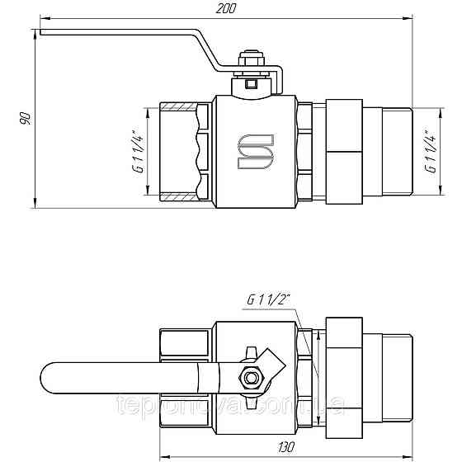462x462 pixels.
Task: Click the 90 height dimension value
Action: pyautogui.click(x=26, y=117)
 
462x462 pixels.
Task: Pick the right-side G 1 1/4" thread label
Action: pyautogui.click(x=428, y=151)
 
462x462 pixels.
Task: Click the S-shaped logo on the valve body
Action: pyautogui.click(x=254, y=150)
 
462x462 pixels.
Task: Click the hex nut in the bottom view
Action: pyautogui.click(x=249, y=378)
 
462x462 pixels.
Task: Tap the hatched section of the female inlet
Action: pyautogui.click(x=177, y=108)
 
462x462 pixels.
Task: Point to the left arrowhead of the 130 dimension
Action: pyautogui.click(x=162, y=455)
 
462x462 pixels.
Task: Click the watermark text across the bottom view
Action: pyautogui.click(x=231, y=406)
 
